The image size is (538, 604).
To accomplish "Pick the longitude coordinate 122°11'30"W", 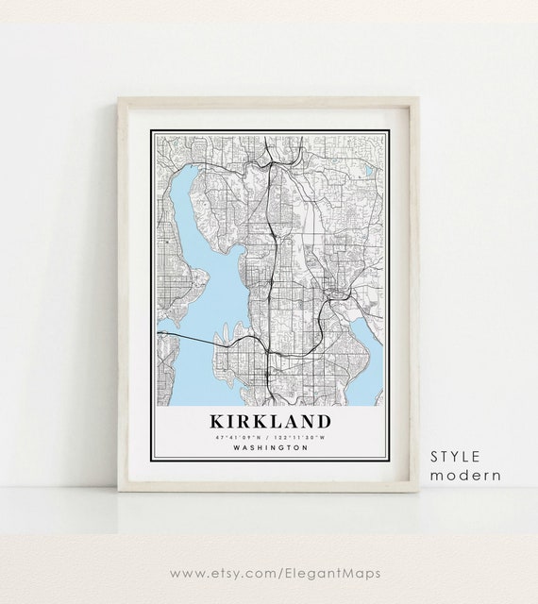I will coord(301,438).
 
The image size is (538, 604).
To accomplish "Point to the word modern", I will coord(465,475).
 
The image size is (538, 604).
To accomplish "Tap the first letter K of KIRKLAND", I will coord(206,421).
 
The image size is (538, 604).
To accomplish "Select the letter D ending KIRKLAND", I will coord(323,421).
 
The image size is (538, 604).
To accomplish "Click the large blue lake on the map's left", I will coord(203,274).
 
